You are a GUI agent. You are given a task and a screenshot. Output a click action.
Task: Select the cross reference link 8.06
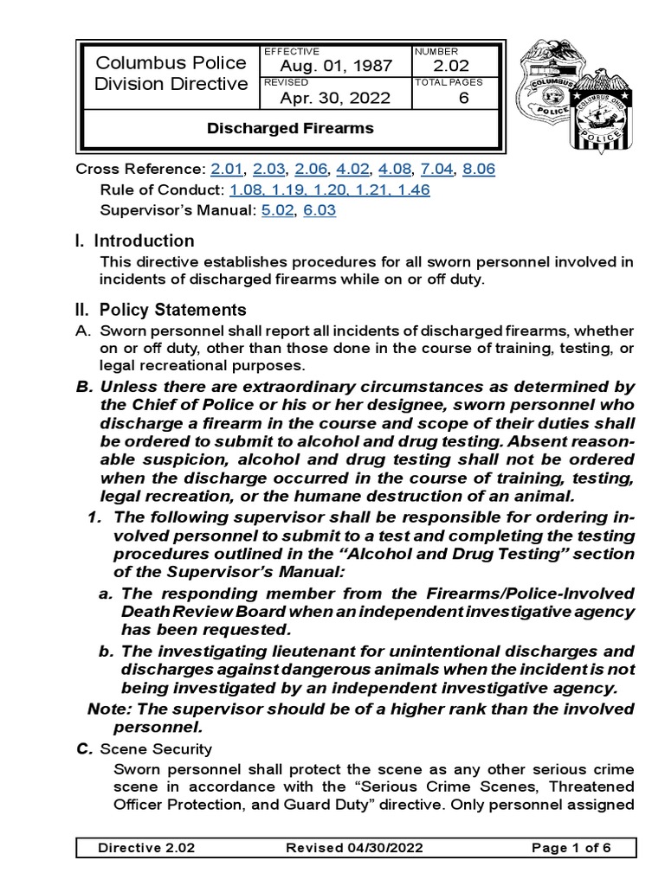tap(479, 170)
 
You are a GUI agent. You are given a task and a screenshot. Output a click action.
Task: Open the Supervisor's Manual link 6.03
tap(319, 209)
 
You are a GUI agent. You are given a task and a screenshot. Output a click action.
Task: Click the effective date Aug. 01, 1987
tap(335, 67)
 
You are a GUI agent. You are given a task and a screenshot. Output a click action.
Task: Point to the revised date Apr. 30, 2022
tap(335, 98)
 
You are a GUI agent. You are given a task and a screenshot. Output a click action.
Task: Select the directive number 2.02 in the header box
tap(450, 67)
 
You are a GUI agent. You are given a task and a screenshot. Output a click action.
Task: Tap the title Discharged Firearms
tap(290, 129)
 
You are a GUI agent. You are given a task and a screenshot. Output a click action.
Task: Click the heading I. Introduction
tap(135, 241)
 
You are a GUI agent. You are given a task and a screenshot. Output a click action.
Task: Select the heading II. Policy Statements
tap(161, 310)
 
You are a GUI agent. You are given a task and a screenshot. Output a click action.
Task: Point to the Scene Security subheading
tap(156, 748)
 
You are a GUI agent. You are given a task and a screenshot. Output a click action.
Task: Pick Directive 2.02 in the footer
tap(146, 848)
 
